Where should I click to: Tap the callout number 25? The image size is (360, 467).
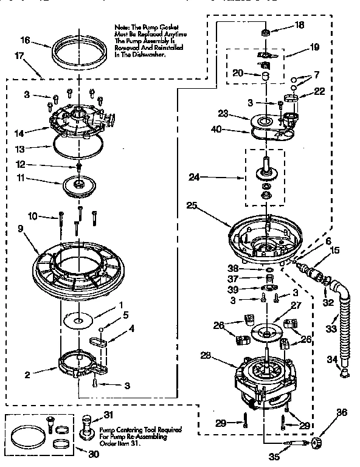(x=192, y=206)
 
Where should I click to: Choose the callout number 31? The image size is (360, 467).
(x=109, y=415)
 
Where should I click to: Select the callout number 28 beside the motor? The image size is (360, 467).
(x=206, y=356)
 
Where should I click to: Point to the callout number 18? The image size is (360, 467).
(x=299, y=26)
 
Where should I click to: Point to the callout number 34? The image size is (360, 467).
(x=331, y=359)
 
